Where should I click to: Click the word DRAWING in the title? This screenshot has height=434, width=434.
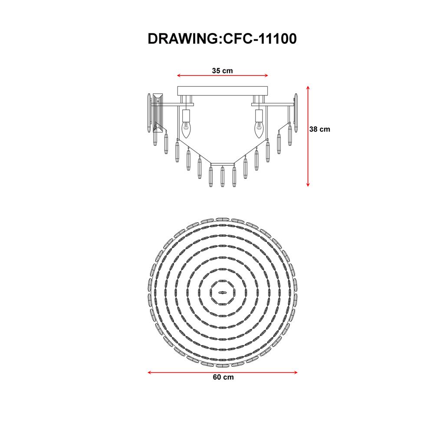(x=183, y=39)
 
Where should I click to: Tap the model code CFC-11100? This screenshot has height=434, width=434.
(x=260, y=39)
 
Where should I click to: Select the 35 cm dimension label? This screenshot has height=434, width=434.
(x=223, y=71)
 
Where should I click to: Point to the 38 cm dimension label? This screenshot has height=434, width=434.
(x=320, y=129)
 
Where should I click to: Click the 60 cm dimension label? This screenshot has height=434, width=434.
(x=223, y=377)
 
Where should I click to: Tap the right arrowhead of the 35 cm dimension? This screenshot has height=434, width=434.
(x=266, y=75)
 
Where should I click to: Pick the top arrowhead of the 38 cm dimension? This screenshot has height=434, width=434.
(x=308, y=88)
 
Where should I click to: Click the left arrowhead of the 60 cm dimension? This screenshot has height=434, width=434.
(x=150, y=372)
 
